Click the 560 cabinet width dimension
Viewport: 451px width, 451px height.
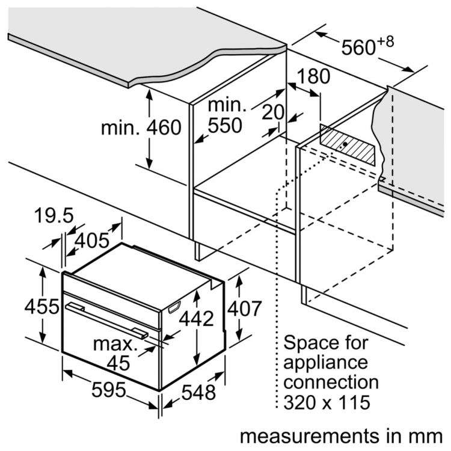tap(358, 47)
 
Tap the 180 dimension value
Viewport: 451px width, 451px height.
tap(313, 76)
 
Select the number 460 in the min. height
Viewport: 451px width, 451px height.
tap(164, 127)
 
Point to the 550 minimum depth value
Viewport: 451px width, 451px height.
tap(225, 126)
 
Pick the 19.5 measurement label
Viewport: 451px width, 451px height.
tap(54, 215)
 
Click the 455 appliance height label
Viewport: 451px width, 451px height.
tap(41, 306)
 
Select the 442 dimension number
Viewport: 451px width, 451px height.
tap(197, 318)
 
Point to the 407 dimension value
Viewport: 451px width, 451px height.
tap(245, 308)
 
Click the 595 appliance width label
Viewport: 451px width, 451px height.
tap(109, 390)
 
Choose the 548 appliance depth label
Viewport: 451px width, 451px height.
tap(198, 392)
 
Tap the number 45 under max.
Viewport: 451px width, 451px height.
tap(118, 363)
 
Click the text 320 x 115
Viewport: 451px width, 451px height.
tap(327, 402)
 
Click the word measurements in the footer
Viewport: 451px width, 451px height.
tap(307, 436)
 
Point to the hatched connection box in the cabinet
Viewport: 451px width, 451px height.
tap(348, 146)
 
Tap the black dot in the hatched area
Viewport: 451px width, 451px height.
tap(345, 144)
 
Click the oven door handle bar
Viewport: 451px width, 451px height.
tap(106, 319)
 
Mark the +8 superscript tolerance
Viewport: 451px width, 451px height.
tap(385, 42)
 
